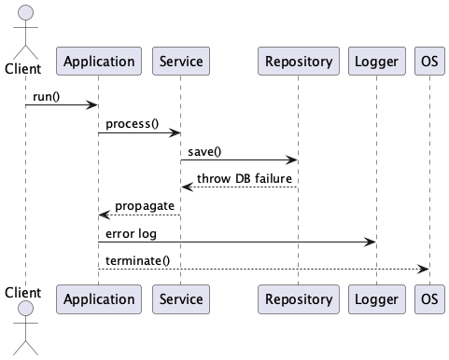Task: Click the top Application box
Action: pos(98,62)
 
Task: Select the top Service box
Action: pos(179,62)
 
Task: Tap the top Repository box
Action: pos(298,62)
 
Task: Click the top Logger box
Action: pos(376,62)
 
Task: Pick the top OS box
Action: pos(428,62)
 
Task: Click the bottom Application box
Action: pos(98,299)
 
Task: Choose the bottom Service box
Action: pos(179,299)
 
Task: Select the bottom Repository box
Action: pos(298,299)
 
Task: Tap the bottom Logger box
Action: pos(376,299)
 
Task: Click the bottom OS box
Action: pos(428,299)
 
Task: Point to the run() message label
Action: pos(47,96)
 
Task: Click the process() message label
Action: pos(132,124)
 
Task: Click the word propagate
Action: pos(145,205)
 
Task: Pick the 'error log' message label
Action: pos(131,232)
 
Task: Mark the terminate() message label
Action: pos(137,259)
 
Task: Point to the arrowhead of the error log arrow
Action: pos(371,242)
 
